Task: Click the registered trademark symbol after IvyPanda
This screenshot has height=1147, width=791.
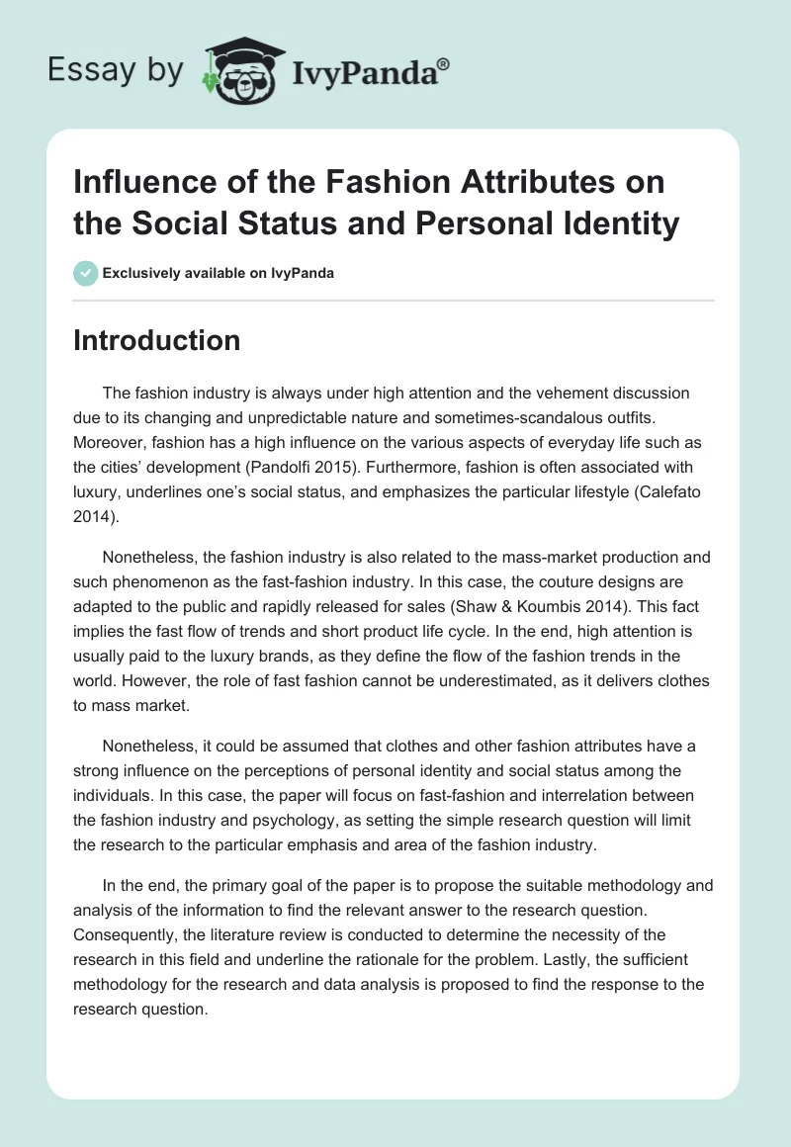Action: point(443,64)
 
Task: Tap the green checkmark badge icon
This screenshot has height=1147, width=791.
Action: point(85,273)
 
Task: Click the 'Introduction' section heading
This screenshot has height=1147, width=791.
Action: point(156,340)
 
